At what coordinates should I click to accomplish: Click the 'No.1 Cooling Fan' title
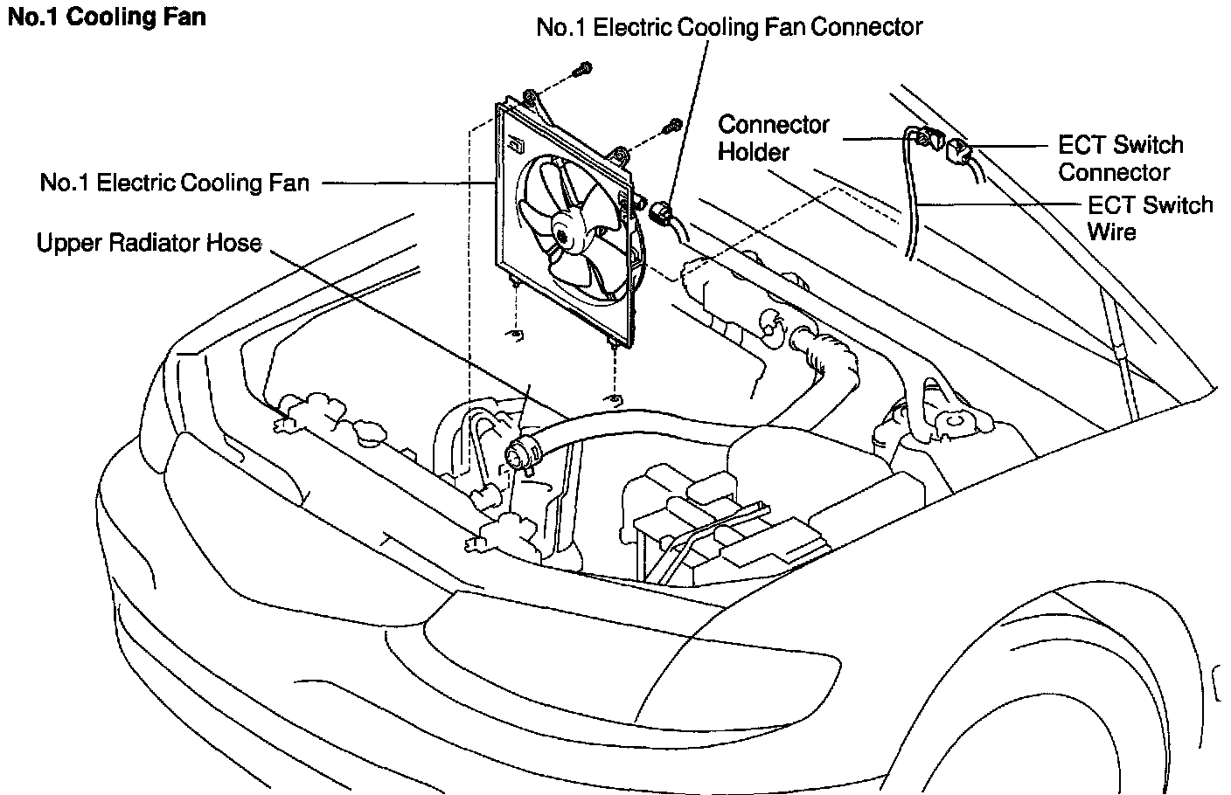107,17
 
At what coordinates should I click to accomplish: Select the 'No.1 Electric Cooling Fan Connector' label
729,27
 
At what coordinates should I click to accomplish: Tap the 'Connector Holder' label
773,138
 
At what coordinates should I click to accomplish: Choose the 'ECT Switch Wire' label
1150,218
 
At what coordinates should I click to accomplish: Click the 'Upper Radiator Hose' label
150,242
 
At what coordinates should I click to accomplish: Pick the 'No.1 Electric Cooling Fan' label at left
175,183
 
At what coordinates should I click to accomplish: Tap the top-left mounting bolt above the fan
585,67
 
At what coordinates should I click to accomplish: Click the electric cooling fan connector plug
662,211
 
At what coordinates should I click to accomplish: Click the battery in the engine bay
699,533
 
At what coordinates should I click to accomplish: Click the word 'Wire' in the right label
1111,232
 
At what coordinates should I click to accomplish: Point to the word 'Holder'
754,152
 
